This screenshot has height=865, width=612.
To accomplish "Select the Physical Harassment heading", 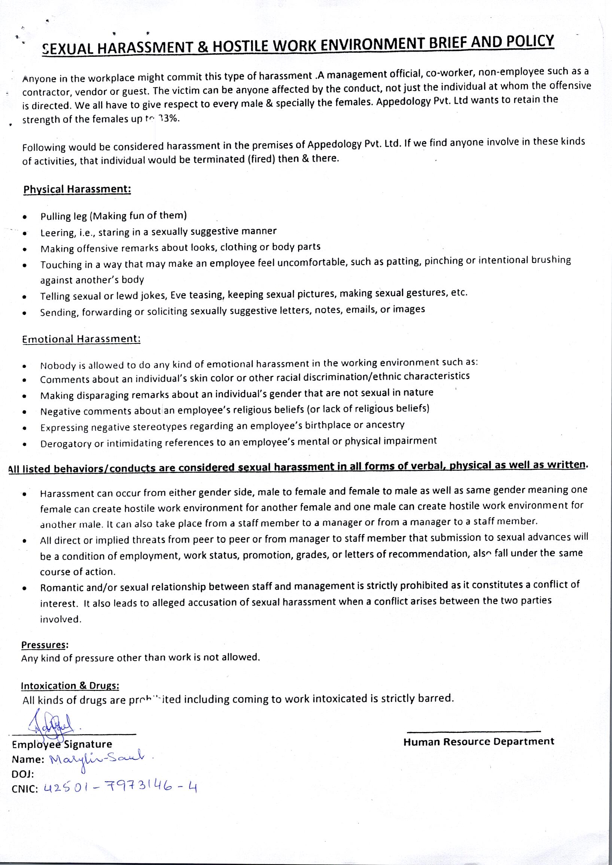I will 77,189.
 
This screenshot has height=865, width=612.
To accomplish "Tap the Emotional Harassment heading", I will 81,339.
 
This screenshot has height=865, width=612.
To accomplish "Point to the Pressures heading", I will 44,645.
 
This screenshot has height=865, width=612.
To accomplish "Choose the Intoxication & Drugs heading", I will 70,686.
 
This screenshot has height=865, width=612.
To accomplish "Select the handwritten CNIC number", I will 121,786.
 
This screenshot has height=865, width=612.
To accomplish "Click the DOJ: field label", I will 23,774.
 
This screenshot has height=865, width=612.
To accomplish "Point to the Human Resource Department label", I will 479,742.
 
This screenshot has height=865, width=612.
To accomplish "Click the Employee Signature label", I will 62,744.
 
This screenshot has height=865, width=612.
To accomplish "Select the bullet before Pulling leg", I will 24,218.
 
